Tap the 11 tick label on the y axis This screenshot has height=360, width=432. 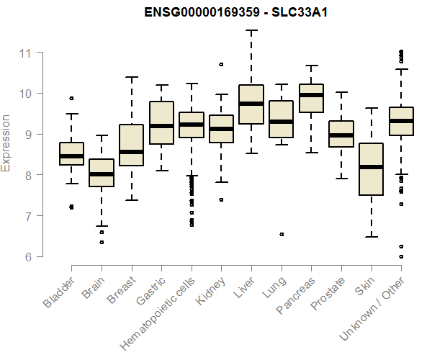[26, 53]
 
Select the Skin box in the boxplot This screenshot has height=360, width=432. [371, 169]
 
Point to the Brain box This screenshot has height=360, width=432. [102, 173]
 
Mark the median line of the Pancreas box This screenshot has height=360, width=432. [311, 95]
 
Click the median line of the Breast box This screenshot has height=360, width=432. [131, 152]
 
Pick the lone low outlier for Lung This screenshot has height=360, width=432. [282, 234]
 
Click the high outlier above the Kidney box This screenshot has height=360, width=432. [221, 64]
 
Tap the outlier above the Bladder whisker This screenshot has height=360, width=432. [71, 98]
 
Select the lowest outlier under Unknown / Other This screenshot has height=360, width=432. [401, 256]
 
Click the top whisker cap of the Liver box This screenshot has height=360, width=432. [251, 30]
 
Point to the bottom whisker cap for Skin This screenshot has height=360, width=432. [371, 236]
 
